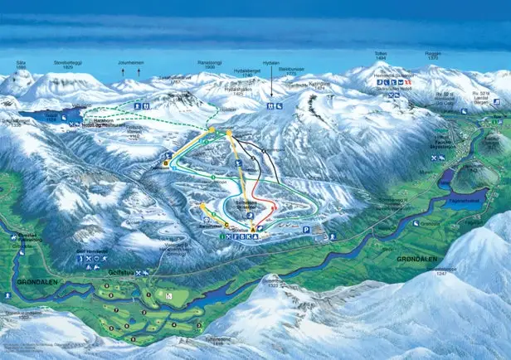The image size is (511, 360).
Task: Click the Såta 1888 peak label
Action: click(x=21, y=65)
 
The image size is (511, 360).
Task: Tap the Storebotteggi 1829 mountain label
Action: click(x=69, y=64)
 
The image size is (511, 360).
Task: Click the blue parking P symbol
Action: click(x=308, y=229)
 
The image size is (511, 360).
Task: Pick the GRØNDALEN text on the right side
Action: click(x=416, y=259)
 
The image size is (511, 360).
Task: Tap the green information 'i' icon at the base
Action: click(x=222, y=237)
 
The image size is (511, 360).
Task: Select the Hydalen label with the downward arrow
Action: click(x=270, y=86)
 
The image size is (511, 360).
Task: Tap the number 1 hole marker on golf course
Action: click(x=148, y=294)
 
